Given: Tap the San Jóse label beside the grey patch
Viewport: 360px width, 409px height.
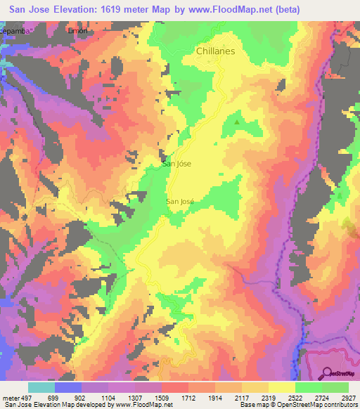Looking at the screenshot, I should pos(176,164).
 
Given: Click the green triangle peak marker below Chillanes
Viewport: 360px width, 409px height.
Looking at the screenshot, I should pos(236,122).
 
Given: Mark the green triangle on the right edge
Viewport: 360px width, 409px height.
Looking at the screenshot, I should pos(340,195).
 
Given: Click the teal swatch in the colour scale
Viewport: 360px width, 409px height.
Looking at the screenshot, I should pos(41,387).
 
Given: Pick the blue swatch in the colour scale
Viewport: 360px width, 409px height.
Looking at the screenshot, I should pos(67,387).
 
